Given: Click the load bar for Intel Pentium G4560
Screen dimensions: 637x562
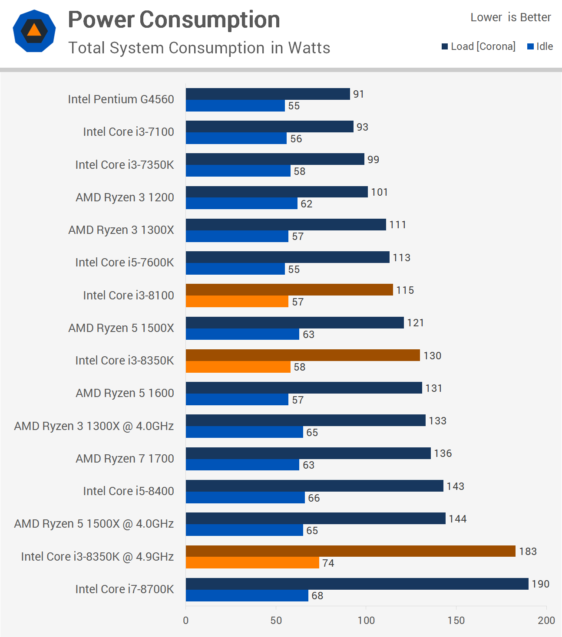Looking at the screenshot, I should click(268, 94).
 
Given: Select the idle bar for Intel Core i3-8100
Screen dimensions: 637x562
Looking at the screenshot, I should click(237, 302).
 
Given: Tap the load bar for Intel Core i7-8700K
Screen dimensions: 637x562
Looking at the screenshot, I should click(357, 584).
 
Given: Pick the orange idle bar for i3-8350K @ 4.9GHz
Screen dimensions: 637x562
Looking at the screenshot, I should click(252, 563).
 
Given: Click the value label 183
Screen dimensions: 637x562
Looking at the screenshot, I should click(528, 551).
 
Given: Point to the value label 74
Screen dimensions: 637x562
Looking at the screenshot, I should click(328, 563).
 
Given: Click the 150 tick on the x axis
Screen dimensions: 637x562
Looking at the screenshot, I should click(456, 620).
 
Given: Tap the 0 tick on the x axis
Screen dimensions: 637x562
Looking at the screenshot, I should click(186, 620).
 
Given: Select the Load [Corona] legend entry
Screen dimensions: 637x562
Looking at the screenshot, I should click(479, 46).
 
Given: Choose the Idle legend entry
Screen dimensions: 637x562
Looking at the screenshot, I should click(540, 46).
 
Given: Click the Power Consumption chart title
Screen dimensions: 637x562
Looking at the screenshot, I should click(174, 20).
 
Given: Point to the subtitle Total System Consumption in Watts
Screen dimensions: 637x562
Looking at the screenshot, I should click(199, 48).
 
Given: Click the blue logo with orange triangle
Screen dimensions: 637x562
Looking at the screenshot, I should click(34, 31).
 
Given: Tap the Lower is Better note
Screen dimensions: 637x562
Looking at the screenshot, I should click(510, 17).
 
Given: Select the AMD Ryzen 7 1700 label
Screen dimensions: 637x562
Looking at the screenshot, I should click(125, 458).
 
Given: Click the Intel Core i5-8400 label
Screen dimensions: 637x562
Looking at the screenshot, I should click(128, 491).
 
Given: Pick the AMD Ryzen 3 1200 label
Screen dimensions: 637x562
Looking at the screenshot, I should click(125, 197).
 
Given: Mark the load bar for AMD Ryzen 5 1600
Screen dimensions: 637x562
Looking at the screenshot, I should click(304, 387).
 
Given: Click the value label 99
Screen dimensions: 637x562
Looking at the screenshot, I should click(373, 159).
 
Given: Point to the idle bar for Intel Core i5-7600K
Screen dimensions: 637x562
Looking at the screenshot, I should click(235, 269).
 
